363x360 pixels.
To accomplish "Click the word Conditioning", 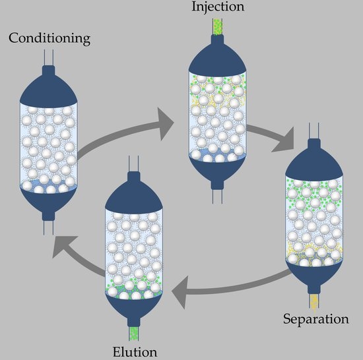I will (x=49, y=38).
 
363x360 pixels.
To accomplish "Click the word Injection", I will (x=217, y=8).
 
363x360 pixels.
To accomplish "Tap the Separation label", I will (x=315, y=320).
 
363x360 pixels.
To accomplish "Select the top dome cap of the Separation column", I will (x=314, y=162).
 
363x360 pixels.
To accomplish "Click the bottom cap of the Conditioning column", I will (x=49, y=201).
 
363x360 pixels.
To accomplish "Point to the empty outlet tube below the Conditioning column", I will (x=49, y=227).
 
